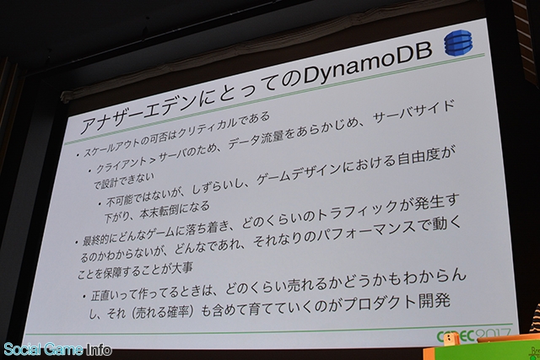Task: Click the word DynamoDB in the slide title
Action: (x=366, y=66)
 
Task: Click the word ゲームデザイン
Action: (x=296, y=174)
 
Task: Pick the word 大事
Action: (x=182, y=268)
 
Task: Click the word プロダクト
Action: (x=381, y=303)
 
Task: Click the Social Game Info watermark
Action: (x=57, y=350)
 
